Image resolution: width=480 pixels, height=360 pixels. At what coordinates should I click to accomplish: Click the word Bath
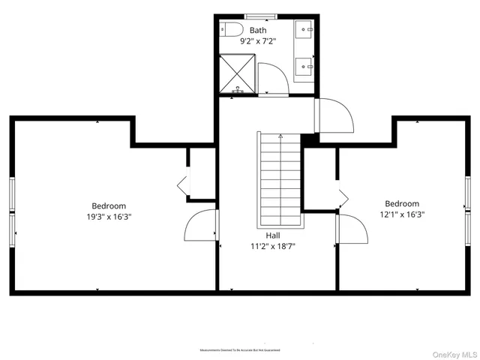258,31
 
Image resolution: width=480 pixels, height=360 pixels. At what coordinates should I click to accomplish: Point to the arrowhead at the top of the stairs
280,136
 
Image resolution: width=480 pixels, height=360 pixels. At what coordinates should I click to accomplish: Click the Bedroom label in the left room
109,206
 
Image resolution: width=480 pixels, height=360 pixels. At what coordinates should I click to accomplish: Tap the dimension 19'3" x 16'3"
109,217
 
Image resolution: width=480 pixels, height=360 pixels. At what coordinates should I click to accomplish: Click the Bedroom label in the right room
402,203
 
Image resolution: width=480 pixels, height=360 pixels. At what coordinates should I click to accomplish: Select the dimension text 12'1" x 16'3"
402,214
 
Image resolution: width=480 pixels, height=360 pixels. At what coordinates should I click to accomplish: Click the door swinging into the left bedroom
200,226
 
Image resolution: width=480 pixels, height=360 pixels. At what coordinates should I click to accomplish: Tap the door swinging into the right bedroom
353,231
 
